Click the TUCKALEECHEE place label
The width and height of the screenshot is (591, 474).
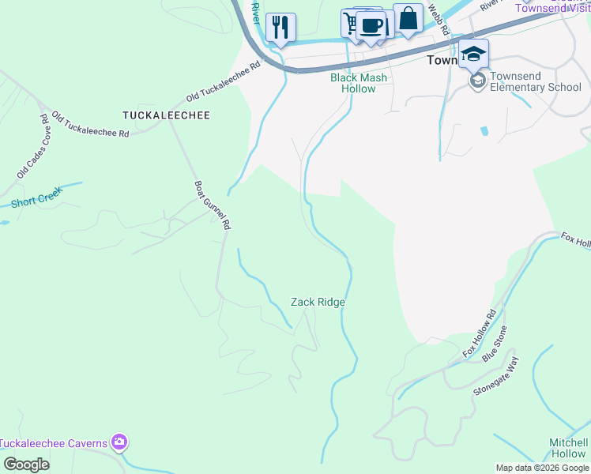coord(166,115)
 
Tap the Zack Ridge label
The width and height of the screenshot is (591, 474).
coord(318,302)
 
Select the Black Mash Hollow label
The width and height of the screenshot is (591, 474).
coord(359,83)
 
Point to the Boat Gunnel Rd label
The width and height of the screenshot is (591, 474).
coord(213,205)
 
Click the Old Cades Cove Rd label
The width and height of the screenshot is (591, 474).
coord(34,146)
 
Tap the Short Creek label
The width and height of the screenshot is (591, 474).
coord(36,197)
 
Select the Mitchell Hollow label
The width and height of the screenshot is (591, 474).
coord(568,448)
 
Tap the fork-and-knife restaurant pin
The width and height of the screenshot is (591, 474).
coord(280,27)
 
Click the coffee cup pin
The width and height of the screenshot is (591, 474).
coord(370,24)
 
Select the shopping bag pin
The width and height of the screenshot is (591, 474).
coord(408,18)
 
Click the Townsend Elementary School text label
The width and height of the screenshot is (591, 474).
coord(535,81)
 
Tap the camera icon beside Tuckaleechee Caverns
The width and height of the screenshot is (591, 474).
coord(119,442)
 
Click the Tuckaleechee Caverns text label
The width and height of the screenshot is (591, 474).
coord(53,443)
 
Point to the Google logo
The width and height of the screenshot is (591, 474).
coord(26,465)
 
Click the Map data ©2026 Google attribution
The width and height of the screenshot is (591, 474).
coord(542,468)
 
